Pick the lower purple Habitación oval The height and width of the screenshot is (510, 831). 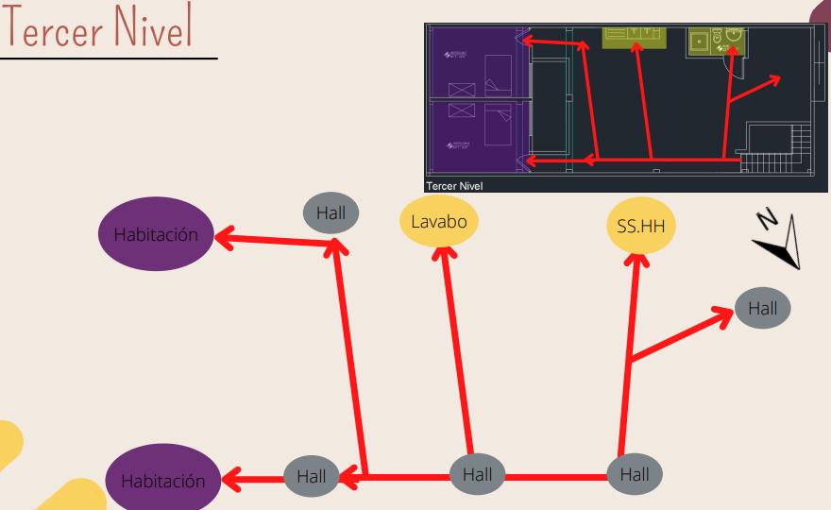[162, 480]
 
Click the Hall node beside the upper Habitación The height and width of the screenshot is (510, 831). [331, 213]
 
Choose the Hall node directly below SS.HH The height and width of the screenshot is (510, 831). [635, 474]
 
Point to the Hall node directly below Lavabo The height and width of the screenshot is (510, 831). [476, 474]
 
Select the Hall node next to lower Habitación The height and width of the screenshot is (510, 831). [312, 476]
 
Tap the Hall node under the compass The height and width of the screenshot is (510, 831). [762, 308]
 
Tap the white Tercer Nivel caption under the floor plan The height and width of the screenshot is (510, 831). [454, 186]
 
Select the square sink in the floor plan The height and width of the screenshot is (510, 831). [700, 42]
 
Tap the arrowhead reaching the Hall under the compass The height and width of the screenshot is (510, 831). [721, 318]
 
